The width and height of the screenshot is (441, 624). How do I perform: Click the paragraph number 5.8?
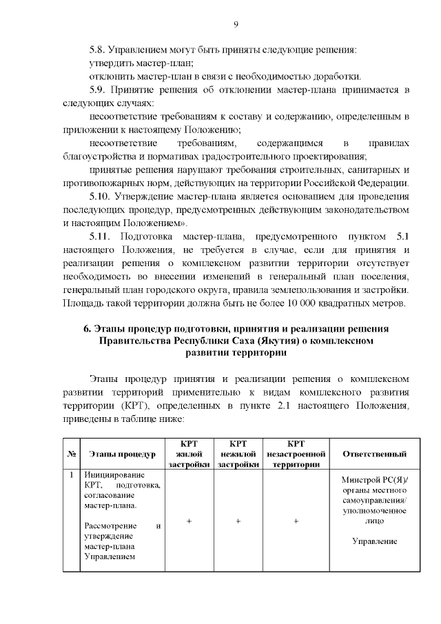[x=100, y=50]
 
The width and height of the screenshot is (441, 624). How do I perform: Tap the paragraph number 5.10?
[x=102, y=196]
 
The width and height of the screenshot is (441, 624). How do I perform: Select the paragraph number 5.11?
[x=102, y=236]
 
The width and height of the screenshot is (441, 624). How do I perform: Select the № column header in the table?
[x=72, y=454]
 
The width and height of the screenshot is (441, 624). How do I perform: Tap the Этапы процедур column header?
[x=123, y=454]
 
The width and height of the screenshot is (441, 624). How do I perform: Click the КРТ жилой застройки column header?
[x=189, y=454]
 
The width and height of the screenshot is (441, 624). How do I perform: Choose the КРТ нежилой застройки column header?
[x=238, y=454]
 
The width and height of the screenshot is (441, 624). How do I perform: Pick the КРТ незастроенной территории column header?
[x=296, y=454]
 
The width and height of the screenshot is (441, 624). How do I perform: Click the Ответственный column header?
[x=374, y=454]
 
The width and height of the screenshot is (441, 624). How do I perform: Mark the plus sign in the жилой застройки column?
[x=189, y=522]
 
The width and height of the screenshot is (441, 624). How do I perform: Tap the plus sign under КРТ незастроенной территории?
[x=296, y=522]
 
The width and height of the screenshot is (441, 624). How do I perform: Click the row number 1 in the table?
[x=72, y=476]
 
